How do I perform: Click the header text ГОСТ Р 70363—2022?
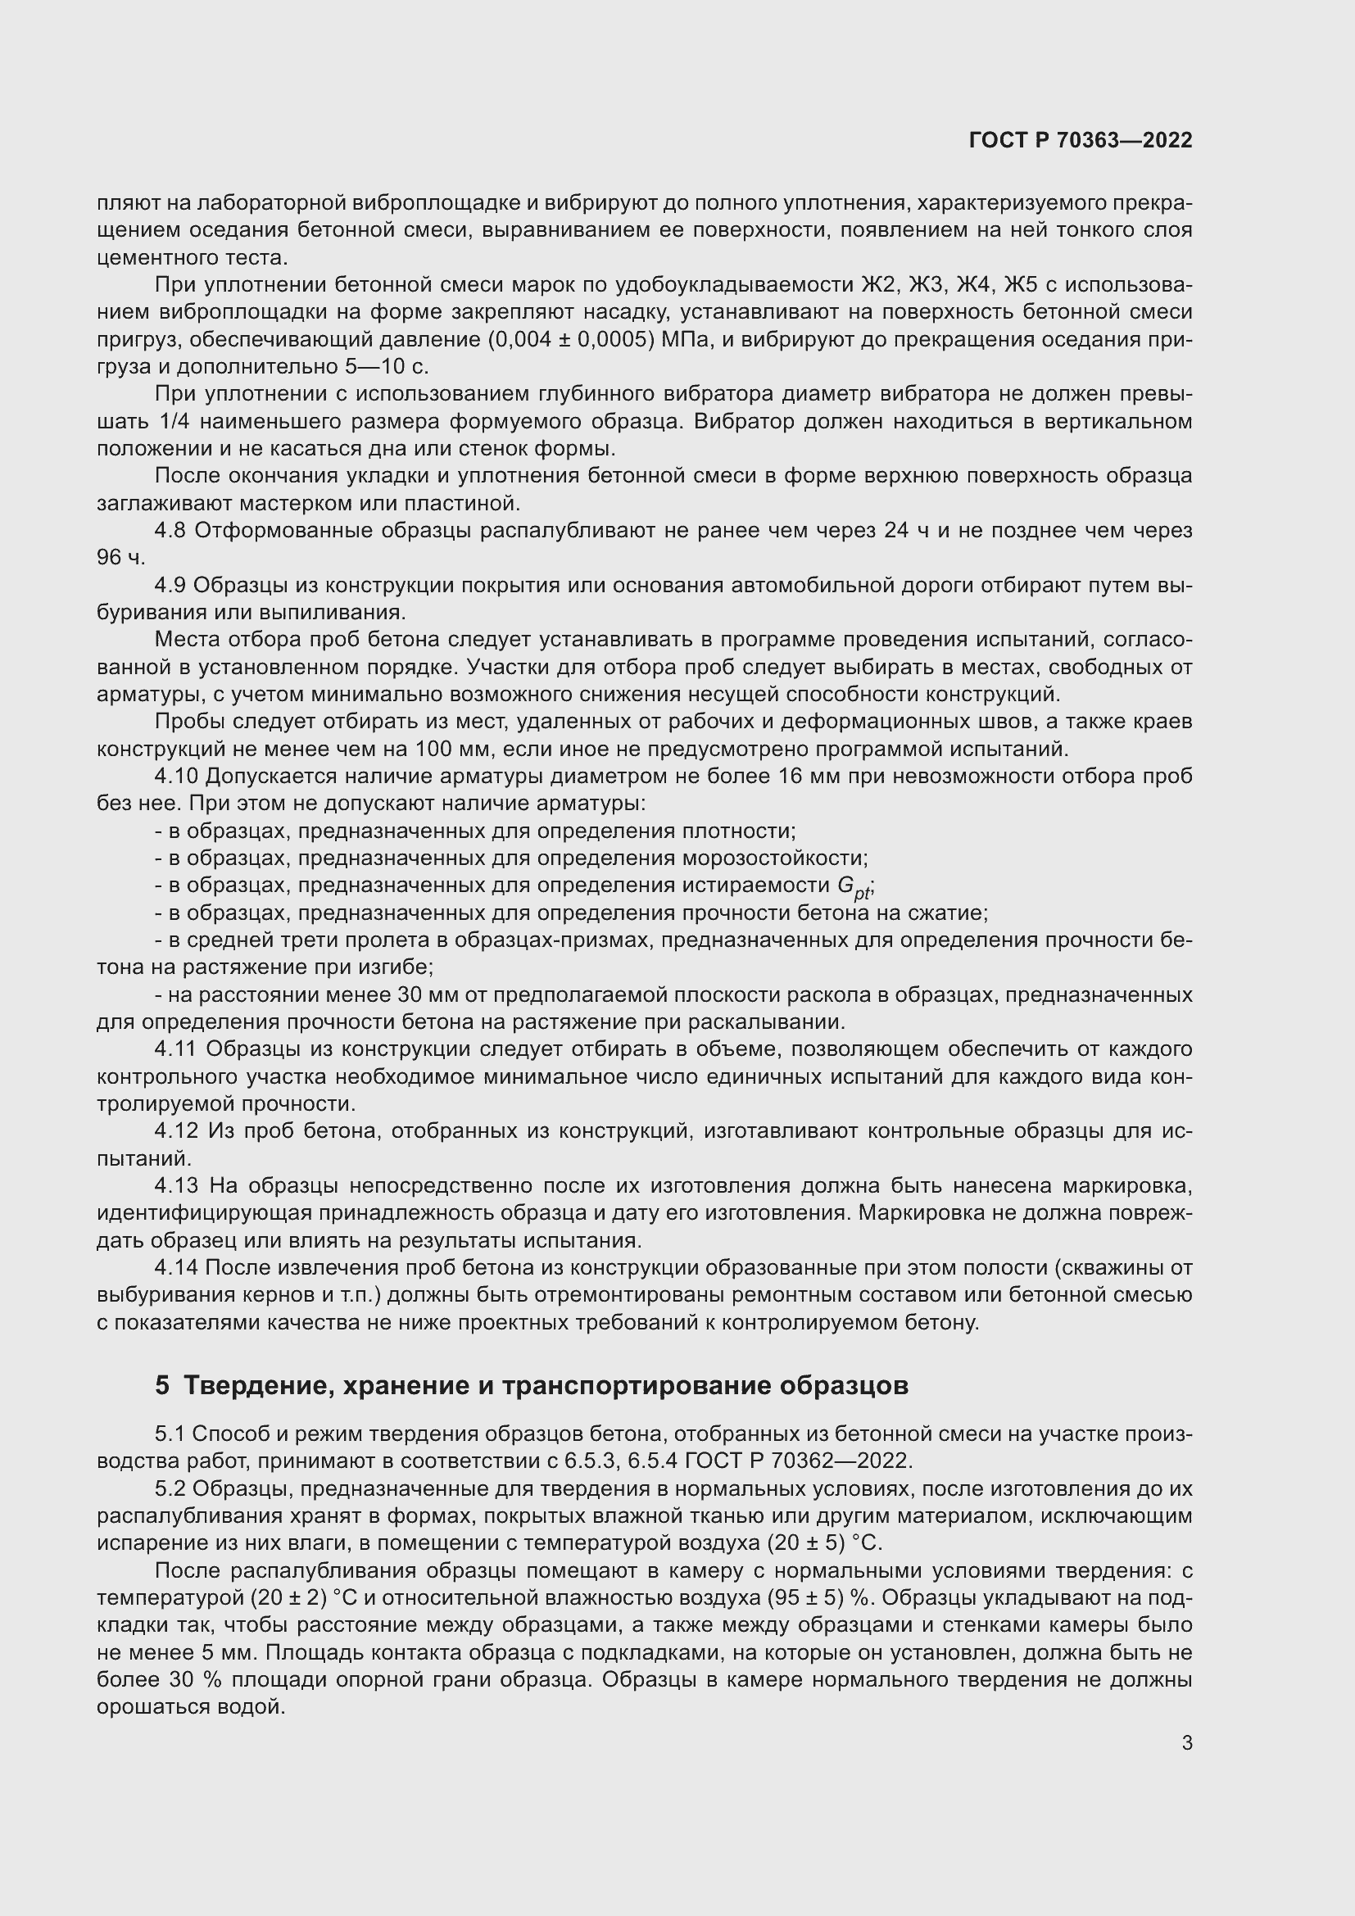point(1081,140)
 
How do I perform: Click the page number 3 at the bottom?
point(1186,1742)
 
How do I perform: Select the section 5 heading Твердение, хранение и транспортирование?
point(531,1385)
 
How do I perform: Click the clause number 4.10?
point(176,776)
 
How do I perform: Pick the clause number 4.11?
point(176,1049)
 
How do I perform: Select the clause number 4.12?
point(176,1130)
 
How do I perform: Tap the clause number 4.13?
point(176,1185)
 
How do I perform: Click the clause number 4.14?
point(176,1267)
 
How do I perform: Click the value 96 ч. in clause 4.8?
point(121,558)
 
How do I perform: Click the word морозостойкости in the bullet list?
point(774,858)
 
